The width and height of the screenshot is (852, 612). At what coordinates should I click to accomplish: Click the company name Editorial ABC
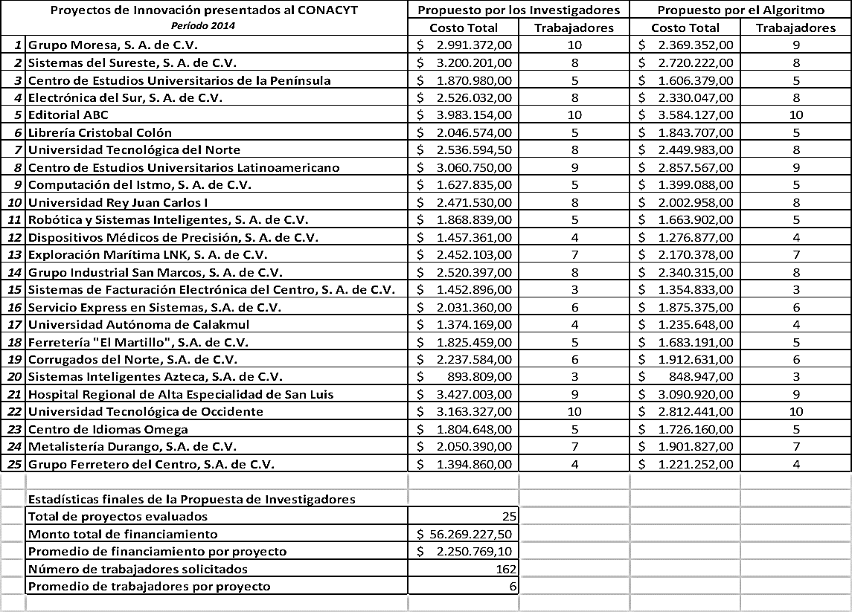(58, 115)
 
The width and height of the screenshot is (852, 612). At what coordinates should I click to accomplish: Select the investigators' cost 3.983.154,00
(474, 115)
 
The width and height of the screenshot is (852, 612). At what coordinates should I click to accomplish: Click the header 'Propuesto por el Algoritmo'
(740, 10)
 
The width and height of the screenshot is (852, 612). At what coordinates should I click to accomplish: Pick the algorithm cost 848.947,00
(701, 377)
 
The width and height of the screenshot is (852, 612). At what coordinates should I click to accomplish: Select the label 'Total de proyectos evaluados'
(118, 517)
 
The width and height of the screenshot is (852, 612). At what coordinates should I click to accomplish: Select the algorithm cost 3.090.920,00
(696, 395)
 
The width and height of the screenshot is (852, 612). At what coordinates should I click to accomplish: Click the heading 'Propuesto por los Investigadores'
(519, 10)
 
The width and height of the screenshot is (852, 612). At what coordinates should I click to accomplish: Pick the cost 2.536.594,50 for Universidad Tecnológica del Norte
(474, 150)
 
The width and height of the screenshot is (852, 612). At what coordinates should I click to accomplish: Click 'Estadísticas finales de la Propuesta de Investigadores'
(191, 500)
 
